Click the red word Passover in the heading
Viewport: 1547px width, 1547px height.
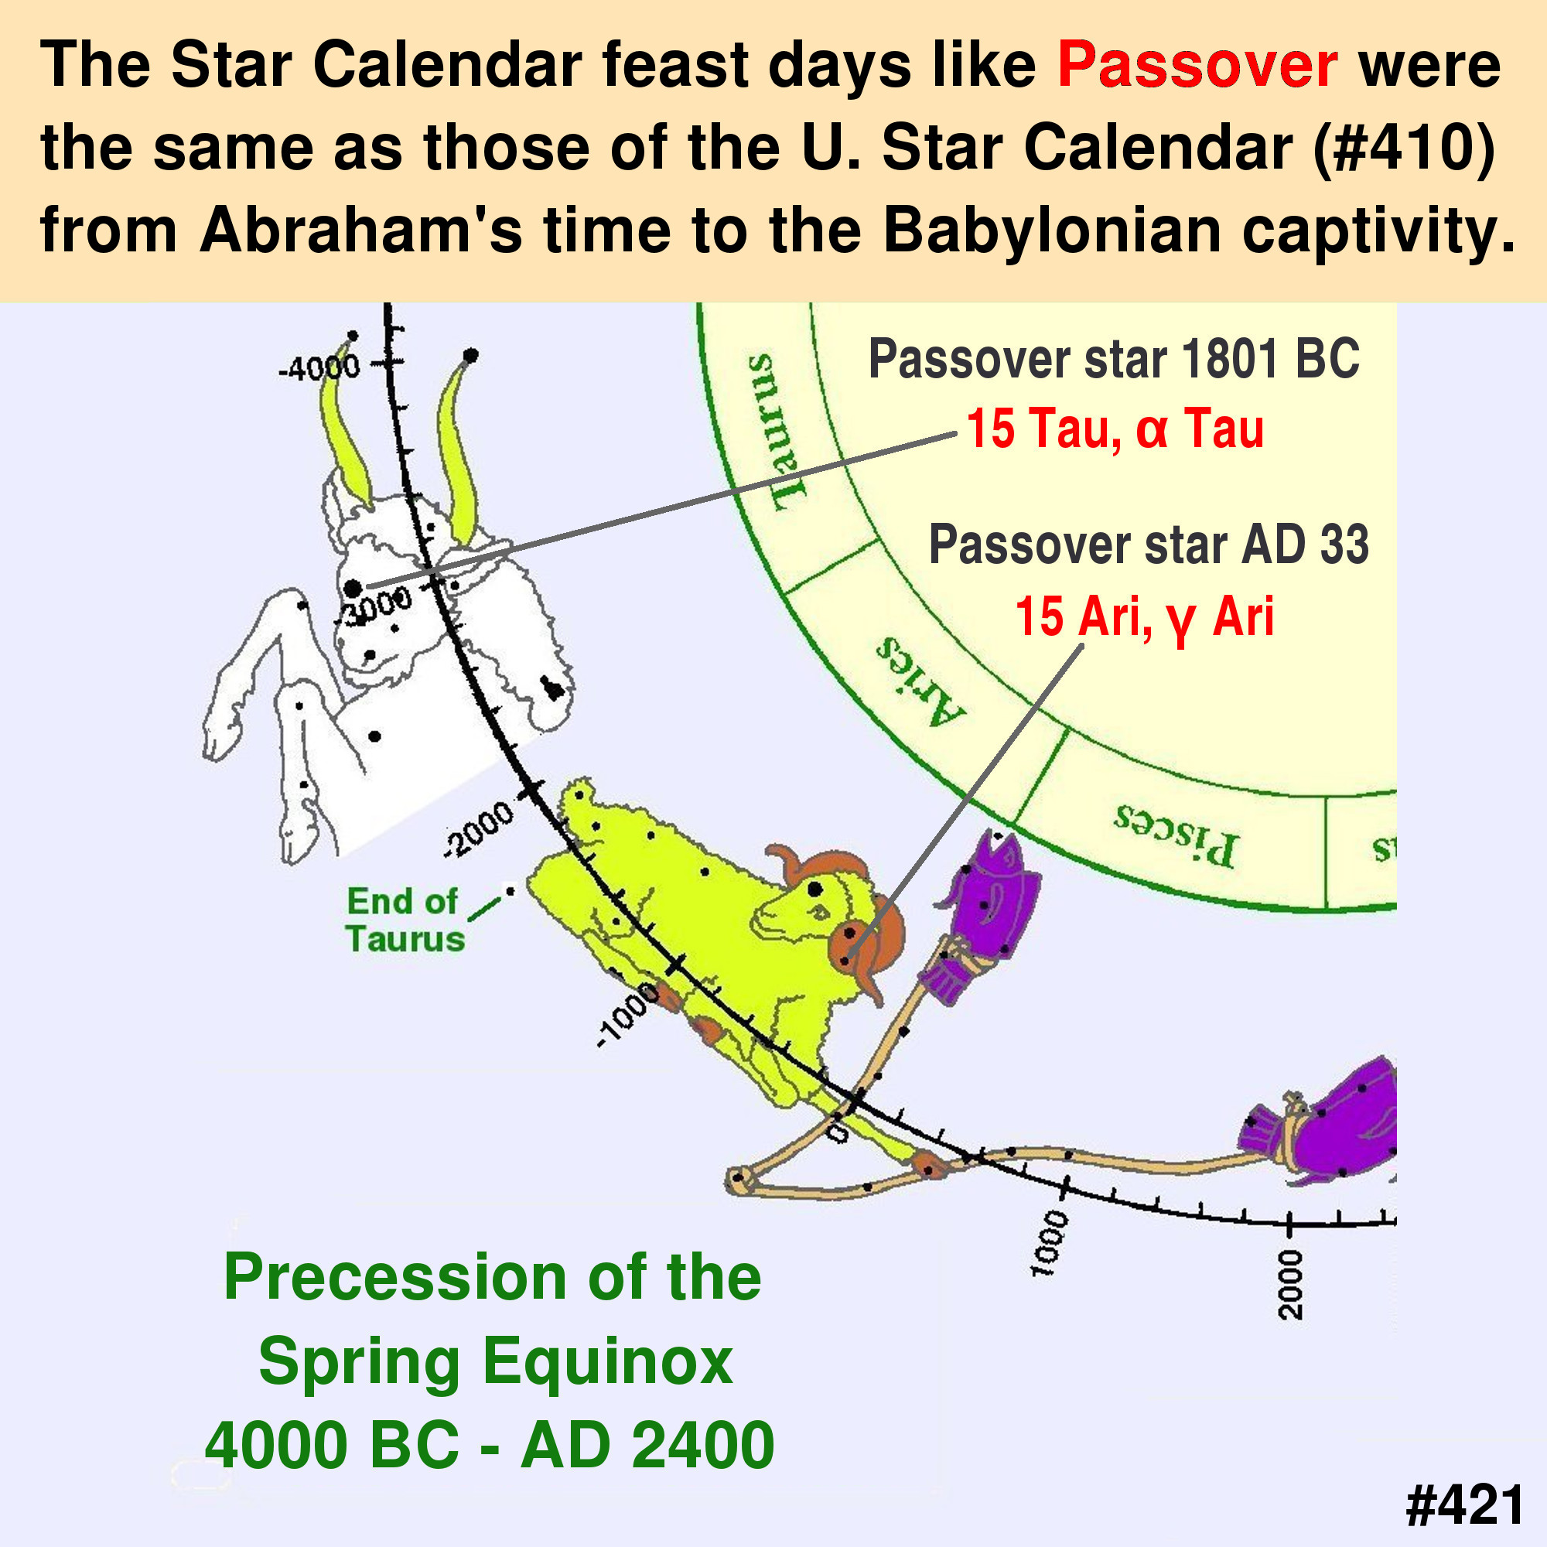[x=1197, y=65]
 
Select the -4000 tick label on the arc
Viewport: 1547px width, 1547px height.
[x=319, y=369]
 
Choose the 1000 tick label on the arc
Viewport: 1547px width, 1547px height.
[x=1050, y=1246]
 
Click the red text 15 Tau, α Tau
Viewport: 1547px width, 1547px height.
[x=1115, y=429]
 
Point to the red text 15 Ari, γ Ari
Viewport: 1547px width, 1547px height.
[x=1144, y=617]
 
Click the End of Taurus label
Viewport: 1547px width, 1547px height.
[x=405, y=920]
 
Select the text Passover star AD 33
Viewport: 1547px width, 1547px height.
[x=1149, y=545]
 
